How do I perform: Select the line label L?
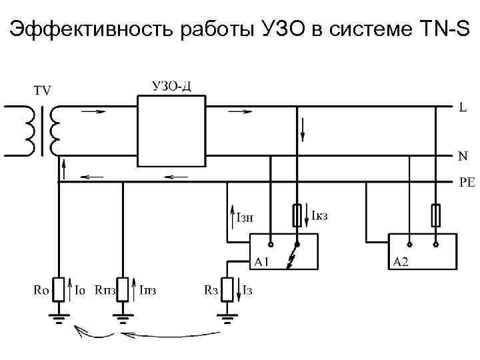click(x=463, y=107)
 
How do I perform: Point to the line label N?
click(x=463, y=157)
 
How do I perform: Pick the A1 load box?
click(x=283, y=252)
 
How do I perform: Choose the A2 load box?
click(x=423, y=252)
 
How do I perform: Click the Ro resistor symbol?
click(x=58, y=290)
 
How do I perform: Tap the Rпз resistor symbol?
click(x=123, y=290)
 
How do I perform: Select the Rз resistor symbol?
click(x=229, y=290)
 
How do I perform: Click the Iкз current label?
click(x=321, y=215)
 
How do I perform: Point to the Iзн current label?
click(x=245, y=215)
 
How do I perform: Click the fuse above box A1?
click(x=298, y=215)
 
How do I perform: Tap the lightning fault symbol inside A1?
click(x=291, y=260)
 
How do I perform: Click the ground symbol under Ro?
click(x=58, y=318)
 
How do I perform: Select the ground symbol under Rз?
click(x=229, y=318)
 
